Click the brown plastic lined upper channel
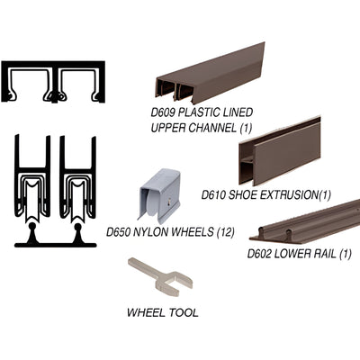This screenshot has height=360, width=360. [x=211, y=74]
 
